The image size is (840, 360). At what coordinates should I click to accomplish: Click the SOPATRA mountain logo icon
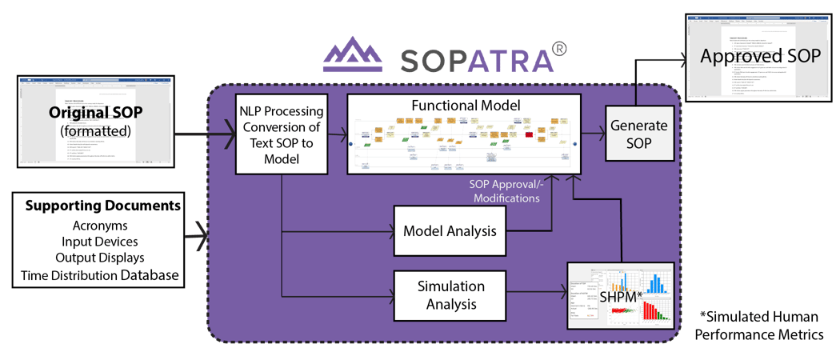352,56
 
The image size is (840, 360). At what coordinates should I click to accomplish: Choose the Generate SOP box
636,134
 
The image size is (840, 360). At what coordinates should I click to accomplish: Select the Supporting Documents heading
102,206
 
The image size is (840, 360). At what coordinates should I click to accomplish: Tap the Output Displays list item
102,258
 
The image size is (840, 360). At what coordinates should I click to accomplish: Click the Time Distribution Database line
102,276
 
